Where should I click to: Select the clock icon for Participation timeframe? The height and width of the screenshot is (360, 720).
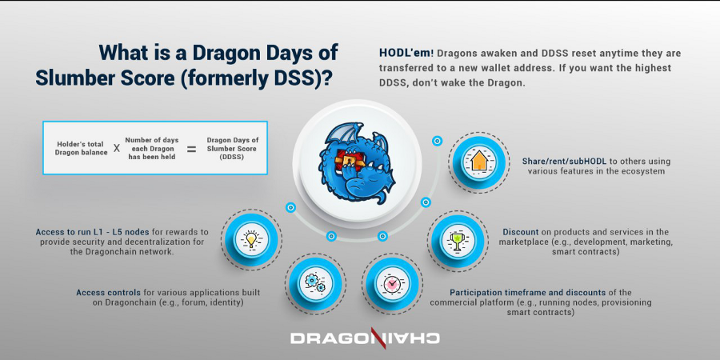coord(391,284)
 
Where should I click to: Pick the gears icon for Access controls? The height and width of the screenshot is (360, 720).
coord(315,282)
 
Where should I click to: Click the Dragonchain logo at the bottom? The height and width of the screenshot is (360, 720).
coord(365,338)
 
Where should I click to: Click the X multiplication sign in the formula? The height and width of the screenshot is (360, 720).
coord(117,149)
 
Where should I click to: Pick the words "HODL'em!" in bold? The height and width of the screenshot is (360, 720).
coord(406,54)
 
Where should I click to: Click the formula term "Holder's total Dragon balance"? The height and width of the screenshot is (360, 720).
coord(82,148)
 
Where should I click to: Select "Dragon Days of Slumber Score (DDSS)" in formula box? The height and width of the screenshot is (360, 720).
coord(231,148)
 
